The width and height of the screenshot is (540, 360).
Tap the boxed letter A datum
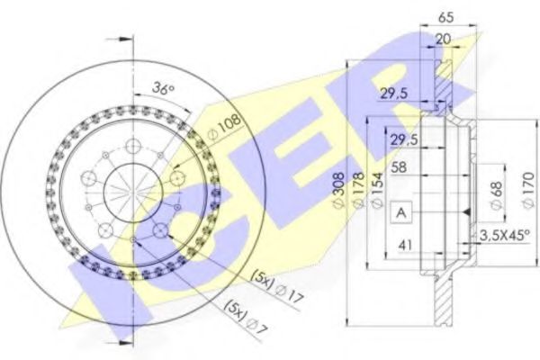399,211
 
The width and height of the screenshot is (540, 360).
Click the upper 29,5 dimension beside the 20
389,94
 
